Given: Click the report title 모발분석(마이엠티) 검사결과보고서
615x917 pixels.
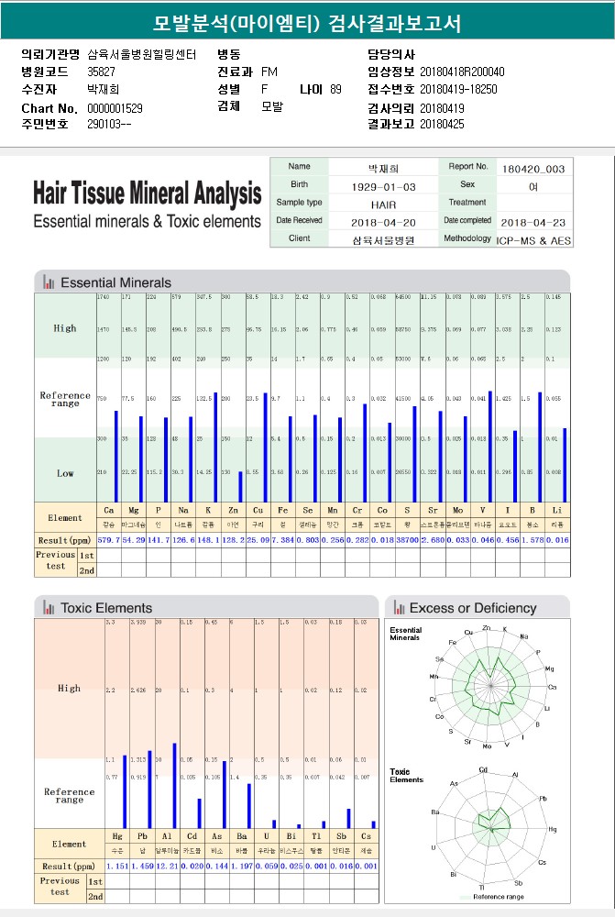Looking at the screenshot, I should click(x=307, y=23).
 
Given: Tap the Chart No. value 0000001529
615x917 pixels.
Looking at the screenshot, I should click(x=115, y=108).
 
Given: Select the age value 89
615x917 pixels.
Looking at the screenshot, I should click(x=335, y=90).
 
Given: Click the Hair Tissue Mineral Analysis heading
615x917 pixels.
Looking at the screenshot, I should click(x=147, y=194).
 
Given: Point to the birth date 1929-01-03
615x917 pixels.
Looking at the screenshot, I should click(x=384, y=186).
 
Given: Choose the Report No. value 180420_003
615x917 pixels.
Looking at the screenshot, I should click(x=533, y=169).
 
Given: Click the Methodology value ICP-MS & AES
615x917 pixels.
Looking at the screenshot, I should click(x=533, y=239).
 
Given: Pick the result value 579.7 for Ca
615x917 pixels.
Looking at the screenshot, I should click(x=109, y=540).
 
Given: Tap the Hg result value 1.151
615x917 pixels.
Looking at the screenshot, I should click(x=118, y=866).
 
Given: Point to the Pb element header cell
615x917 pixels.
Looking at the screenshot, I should click(x=142, y=837).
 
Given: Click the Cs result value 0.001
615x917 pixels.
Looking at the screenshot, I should click(x=366, y=866).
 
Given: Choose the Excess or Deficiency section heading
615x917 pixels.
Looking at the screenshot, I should click(x=472, y=608).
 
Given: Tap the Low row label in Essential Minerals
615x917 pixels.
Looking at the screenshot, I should click(x=65, y=473).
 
